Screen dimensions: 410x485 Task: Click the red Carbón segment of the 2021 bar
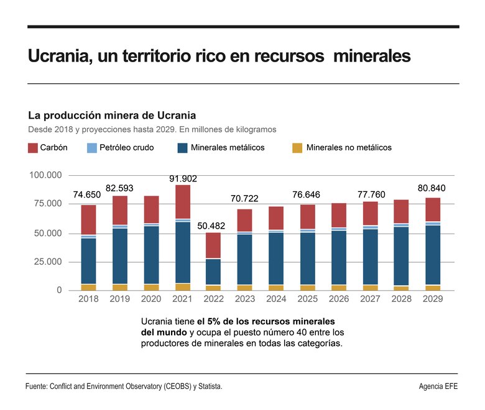point(183,202)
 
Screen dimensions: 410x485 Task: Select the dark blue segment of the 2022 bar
point(214,272)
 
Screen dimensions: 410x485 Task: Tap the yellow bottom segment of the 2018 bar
point(88,287)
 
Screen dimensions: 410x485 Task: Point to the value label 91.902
point(183,179)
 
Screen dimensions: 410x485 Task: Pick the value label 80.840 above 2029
point(432,188)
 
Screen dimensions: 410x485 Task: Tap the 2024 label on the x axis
point(277,299)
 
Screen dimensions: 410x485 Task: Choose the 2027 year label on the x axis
point(371,299)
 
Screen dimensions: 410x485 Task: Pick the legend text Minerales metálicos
point(228,148)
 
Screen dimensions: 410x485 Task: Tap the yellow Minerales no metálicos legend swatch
point(297,148)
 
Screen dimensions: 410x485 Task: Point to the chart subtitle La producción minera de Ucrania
point(112,116)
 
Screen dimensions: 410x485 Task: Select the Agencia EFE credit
point(439,386)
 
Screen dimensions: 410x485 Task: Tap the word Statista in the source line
point(208,386)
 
